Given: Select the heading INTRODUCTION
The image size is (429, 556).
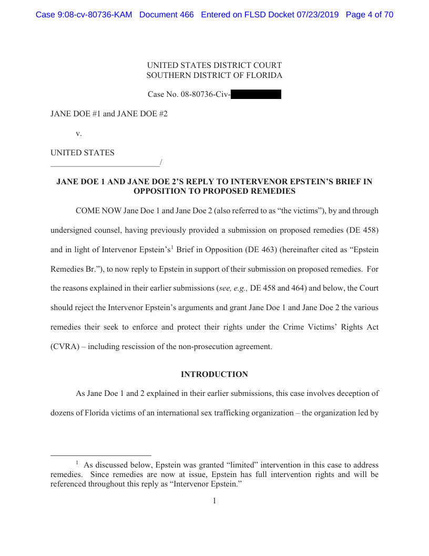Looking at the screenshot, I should [x=214, y=374].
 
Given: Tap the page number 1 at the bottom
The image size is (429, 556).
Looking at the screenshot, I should [x=214, y=501].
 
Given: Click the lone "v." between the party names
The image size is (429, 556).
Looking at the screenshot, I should [x=79, y=133].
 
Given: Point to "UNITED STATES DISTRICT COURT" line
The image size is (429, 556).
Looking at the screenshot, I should [x=214, y=65].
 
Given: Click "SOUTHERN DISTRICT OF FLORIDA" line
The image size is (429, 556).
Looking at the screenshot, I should [x=214, y=75].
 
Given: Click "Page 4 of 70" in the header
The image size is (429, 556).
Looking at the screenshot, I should [x=370, y=15].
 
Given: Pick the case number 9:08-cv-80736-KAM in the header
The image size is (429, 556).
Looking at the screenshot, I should [x=84, y=15].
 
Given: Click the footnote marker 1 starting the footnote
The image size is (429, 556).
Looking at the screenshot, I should [x=77, y=463].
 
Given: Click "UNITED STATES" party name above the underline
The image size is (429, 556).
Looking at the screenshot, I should [x=82, y=153].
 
